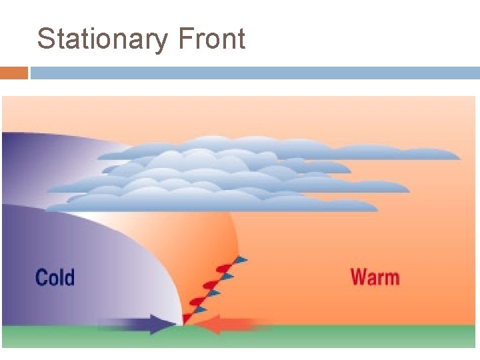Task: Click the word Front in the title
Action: (212, 39)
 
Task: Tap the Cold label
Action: (55, 277)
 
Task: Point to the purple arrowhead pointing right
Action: (160, 324)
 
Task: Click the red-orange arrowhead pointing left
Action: (209, 325)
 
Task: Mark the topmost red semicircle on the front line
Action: (225, 269)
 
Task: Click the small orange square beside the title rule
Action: (14, 73)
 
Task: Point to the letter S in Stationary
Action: (45, 39)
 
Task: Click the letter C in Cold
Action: (41, 277)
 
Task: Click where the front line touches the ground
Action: (184, 325)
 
